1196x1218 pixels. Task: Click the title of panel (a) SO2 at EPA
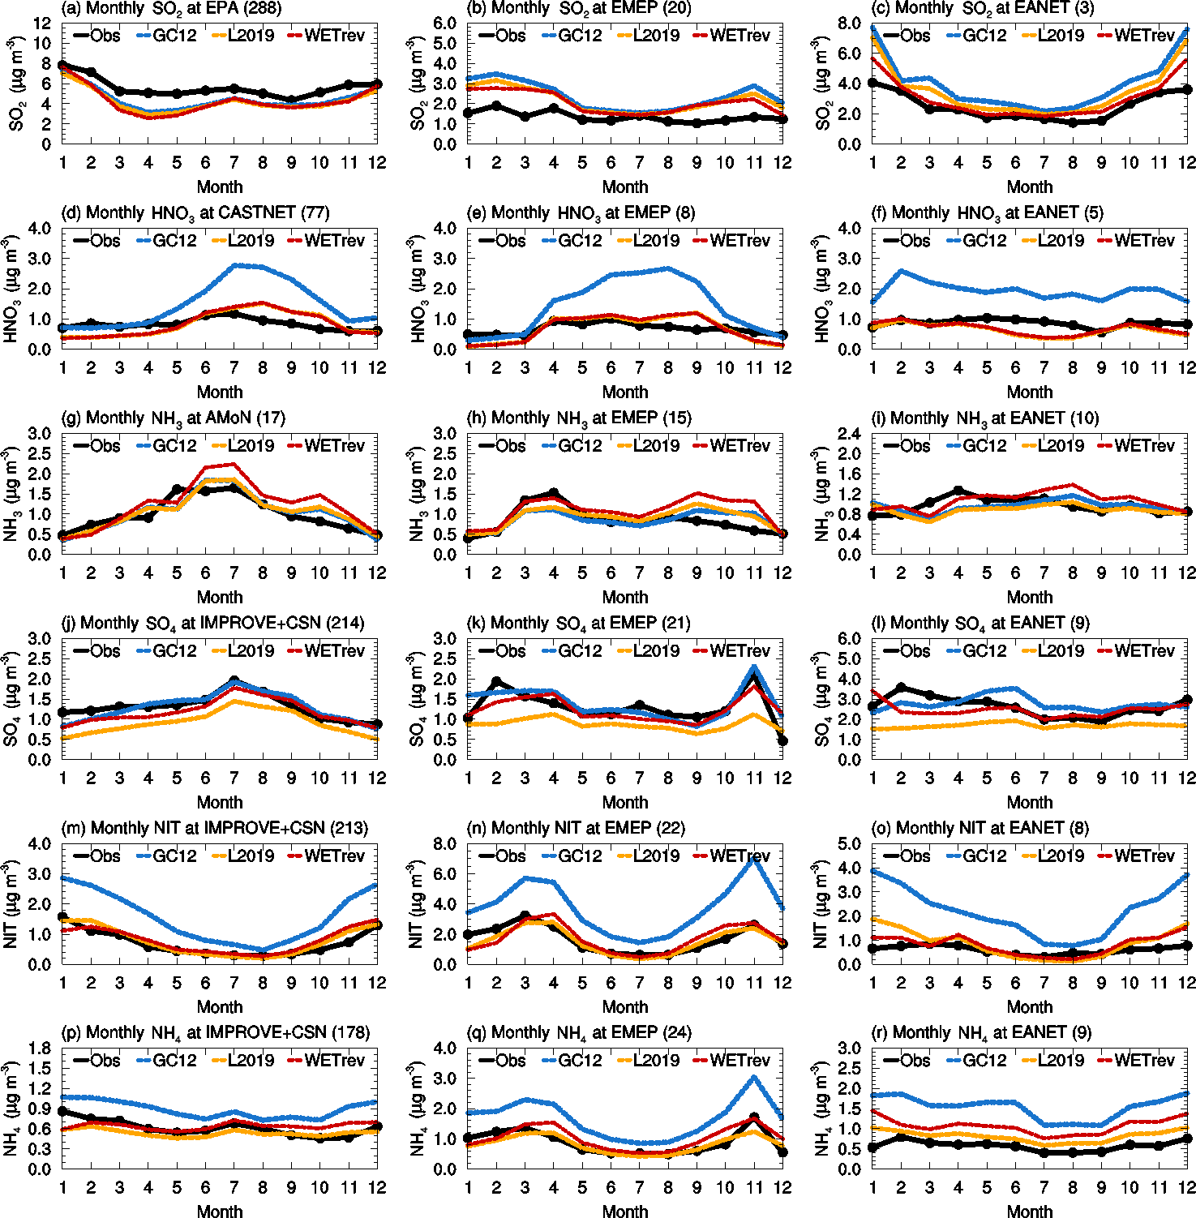click(171, 9)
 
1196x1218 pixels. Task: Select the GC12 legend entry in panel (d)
click(166, 241)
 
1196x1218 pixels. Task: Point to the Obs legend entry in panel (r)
click(907, 1061)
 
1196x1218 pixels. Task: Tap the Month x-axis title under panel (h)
click(625, 598)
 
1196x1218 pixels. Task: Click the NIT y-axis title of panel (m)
click(11, 904)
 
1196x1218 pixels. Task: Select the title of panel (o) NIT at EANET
click(992, 829)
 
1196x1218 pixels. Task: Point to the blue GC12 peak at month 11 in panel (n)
click(754, 858)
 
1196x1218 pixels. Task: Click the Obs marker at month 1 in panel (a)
click(63, 65)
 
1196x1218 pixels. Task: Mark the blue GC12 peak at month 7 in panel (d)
click(235, 265)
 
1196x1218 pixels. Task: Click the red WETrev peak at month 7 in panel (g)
click(234, 465)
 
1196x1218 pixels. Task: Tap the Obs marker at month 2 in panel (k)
click(496, 682)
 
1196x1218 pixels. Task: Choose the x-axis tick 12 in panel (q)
click(782, 1188)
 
